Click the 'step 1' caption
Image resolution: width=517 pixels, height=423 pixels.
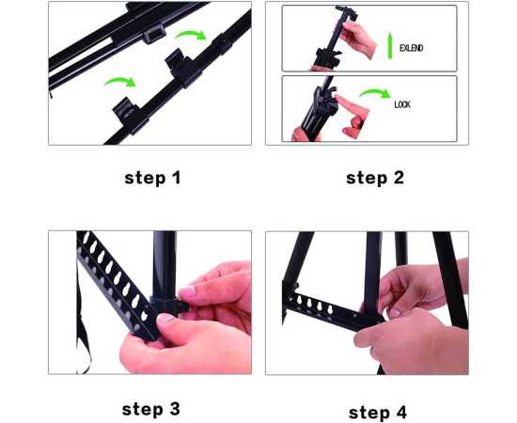coord(152,178)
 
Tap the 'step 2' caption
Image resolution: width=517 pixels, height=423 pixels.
coord(375,178)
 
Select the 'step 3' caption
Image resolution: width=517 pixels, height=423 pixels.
coord(151,410)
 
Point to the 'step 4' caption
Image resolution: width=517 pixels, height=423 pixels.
coord(378,413)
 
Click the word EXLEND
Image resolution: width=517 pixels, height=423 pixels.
coord(411,48)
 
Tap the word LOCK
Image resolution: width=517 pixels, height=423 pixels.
coord(402,105)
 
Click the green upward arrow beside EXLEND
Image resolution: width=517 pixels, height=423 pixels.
coord(390,45)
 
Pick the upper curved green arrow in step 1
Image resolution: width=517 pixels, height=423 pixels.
coord(191,33)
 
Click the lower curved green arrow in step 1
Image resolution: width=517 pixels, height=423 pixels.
coord(120,80)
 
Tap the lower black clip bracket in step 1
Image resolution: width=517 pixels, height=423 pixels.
coord(131,115)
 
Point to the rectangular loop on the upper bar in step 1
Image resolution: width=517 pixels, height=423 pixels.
coord(154,34)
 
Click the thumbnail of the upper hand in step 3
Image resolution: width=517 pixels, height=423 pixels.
coord(187,292)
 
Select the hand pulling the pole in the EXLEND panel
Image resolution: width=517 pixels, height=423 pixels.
coord(358,39)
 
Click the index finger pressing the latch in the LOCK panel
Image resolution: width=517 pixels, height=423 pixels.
coord(351,106)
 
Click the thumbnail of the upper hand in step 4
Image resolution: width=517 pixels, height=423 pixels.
coord(395,313)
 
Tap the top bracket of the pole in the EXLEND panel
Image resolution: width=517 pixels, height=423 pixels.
coord(347,12)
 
